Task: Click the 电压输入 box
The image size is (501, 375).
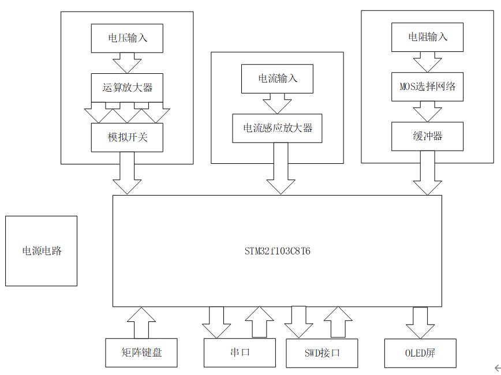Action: tap(127, 38)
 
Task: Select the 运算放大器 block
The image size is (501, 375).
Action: tap(127, 88)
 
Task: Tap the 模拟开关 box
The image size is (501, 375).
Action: tap(127, 137)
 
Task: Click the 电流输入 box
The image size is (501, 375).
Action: tap(277, 78)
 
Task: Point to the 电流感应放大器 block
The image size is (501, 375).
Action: tap(277, 128)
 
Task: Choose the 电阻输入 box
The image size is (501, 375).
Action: tap(428, 36)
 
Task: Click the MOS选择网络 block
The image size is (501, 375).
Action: tap(428, 86)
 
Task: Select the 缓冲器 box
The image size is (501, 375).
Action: tap(428, 136)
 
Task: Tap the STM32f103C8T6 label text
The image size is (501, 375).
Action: tap(277, 252)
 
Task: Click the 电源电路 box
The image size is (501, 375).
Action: tap(42, 251)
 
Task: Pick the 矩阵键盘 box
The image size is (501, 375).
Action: tap(141, 352)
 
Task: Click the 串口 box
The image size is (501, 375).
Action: tap(240, 352)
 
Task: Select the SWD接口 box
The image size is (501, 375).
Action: tap(322, 352)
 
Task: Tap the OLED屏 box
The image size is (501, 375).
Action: tap(420, 352)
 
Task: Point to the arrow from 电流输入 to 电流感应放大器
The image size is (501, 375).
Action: tap(277, 103)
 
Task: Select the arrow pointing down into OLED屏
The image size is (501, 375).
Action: tap(420, 322)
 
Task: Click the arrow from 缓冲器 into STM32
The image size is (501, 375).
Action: tap(428, 172)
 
